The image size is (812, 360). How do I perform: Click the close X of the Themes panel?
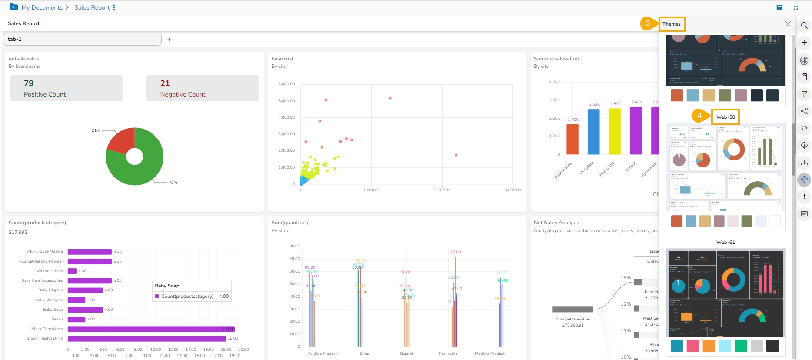788,24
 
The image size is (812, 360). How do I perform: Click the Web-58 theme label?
725,117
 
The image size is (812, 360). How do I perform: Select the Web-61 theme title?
725,242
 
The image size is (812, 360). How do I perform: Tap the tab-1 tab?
82,39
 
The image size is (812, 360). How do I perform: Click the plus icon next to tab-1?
169,40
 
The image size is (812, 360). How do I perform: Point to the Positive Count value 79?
29,83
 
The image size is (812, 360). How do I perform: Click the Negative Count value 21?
165,83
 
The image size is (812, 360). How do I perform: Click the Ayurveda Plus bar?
72,271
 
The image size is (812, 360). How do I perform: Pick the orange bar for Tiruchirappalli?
572,139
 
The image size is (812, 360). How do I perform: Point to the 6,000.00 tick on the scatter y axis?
286,84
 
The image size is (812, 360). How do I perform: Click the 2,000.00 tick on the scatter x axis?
442,190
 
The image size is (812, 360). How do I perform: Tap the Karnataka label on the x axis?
448,353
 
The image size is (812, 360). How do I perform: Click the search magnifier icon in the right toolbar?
804,26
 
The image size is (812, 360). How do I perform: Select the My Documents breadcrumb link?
42,7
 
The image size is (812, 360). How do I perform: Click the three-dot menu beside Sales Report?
114,7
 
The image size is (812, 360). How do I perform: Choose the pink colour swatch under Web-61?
692,346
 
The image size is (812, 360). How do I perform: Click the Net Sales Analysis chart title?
556,223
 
